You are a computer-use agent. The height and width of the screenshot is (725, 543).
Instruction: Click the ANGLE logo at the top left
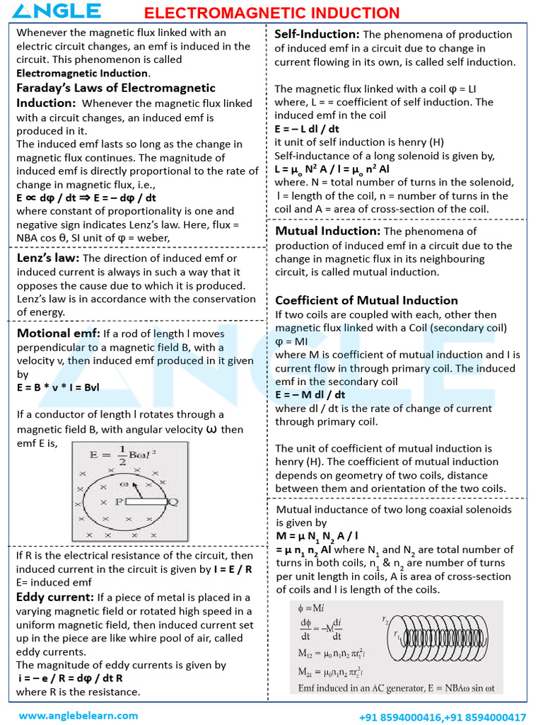pos(57,11)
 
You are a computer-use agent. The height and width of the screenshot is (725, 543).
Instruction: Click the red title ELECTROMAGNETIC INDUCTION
pos(272,13)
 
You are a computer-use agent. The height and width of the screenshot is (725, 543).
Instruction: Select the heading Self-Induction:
pos(317,34)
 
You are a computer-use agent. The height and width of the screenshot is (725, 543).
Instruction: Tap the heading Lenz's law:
pos(48,258)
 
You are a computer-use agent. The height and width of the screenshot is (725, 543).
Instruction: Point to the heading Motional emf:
pos(59,333)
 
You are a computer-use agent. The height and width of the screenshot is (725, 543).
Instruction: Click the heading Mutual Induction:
pos(328,231)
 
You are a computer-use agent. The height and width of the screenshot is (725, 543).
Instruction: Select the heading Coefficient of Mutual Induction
pos(366,300)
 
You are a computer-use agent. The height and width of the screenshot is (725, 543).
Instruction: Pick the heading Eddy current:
pos(55,597)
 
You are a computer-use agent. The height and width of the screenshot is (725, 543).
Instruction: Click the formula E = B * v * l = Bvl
pos(61,388)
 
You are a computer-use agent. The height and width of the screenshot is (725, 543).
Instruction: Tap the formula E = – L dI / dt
pos(307,129)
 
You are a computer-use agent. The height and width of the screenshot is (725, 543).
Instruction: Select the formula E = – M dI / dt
pos(310,394)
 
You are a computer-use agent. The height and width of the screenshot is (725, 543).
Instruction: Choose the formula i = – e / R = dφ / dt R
pos(71,678)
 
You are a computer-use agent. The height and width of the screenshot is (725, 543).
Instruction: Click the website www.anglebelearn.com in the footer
pos(78,715)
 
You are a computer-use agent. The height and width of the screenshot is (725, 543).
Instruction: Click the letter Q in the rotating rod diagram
pos(173,502)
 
